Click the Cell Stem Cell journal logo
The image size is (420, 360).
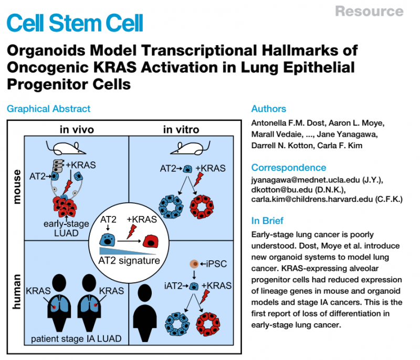[x=75, y=23]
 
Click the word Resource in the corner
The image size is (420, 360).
[x=369, y=11]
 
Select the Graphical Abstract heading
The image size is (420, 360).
[x=48, y=109]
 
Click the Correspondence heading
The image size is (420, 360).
[x=288, y=168]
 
